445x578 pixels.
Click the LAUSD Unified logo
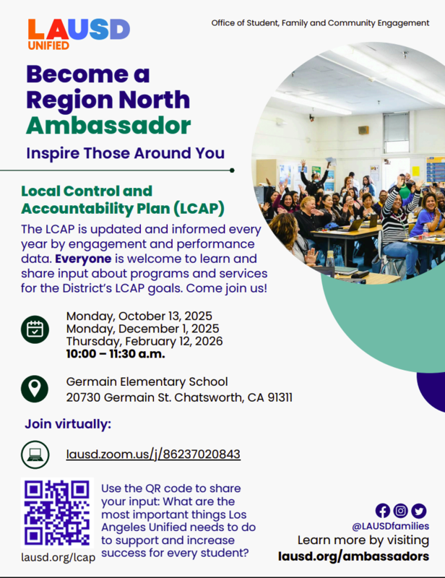point(78,33)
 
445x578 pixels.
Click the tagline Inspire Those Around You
point(125,153)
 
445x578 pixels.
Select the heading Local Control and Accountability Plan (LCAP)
point(122,200)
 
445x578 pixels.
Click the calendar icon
point(35,329)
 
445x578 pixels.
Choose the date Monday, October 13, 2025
point(139,316)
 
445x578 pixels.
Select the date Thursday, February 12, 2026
point(144,341)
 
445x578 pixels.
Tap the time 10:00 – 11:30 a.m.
point(116,354)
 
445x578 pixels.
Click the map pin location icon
point(35,389)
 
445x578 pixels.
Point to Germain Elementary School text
point(147,381)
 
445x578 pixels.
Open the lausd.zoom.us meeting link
point(153,454)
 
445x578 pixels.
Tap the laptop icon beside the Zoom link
point(35,454)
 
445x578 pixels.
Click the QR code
point(58,512)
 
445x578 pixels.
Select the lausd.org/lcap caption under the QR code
point(56,558)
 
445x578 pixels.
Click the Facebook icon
point(383,511)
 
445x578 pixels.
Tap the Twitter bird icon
point(418,511)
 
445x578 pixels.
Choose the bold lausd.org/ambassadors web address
point(353,556)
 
